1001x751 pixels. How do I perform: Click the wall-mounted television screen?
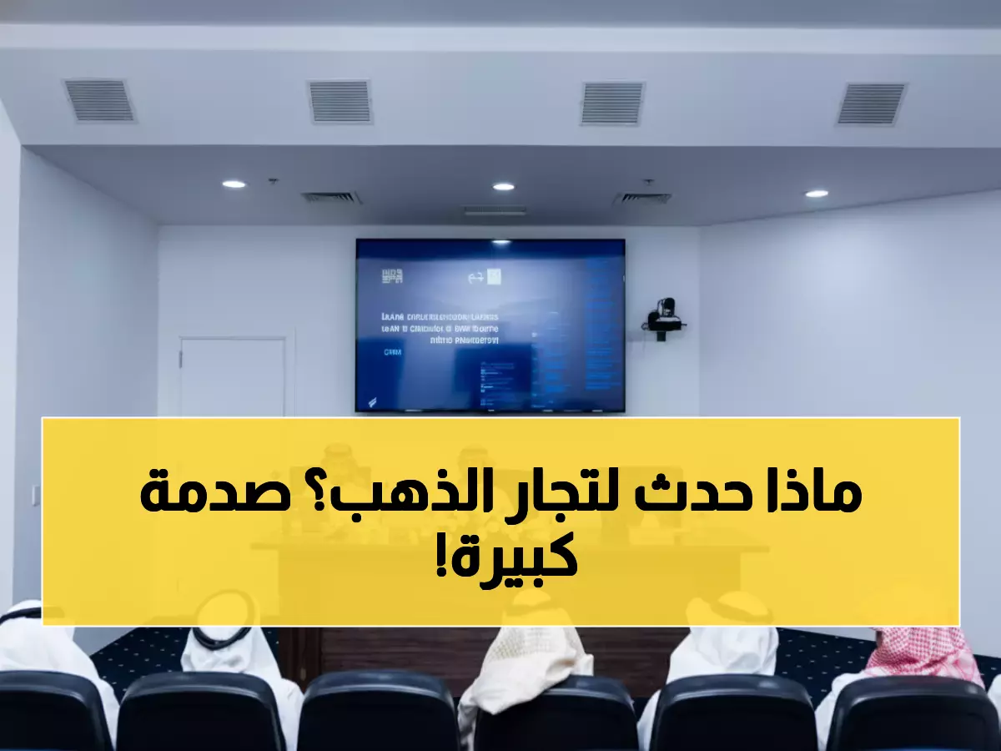(490, 325)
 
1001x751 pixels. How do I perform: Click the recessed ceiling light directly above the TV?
(503, 186)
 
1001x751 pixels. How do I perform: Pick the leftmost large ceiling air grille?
(99, 101)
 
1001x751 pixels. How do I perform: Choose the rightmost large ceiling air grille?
(871, 104)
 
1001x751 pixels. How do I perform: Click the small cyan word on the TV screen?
(393, 353)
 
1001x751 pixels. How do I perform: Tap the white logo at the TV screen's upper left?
(391, 276)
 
